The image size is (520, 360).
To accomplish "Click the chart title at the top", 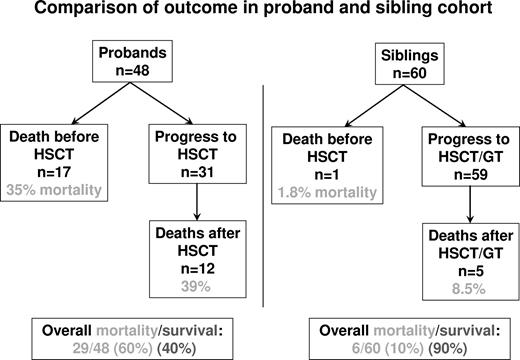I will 260,13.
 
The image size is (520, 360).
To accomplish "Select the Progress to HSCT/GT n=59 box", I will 457,148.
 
